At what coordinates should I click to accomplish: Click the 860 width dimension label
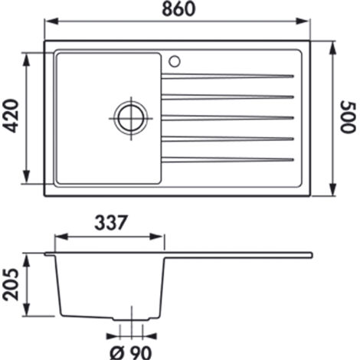[178, 8]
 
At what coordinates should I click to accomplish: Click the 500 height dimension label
[348, 117]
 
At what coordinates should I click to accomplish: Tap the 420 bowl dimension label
[12, 116]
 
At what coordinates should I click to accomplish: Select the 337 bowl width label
[111, 222]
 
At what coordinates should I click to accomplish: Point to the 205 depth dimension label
[11, 284]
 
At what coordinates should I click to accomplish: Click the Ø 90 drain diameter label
[131, 352]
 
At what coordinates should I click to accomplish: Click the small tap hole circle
[175, 61]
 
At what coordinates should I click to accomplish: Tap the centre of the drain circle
[131, 118]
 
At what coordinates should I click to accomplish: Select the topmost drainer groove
[227, 76]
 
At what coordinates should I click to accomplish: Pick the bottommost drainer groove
[227, 160]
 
